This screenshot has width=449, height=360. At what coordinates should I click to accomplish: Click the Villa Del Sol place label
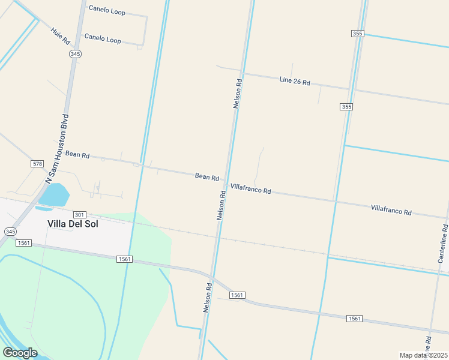click(73, 224)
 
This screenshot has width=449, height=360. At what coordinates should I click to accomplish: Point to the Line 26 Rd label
click(294, 81)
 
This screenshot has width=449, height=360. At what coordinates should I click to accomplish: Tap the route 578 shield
click(37, 164)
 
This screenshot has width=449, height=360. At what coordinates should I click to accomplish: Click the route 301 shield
click(79, 214)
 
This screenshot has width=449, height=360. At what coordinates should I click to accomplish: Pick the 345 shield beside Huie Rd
click(75, 54)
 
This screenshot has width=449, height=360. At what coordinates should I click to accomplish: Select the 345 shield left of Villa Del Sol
click(10, 231)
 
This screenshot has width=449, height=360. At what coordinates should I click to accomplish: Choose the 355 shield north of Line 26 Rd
click(358, 34)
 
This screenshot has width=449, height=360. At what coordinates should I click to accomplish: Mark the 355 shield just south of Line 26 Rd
click(346, 107)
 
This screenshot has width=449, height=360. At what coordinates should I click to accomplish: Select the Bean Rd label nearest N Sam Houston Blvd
click(77, 155)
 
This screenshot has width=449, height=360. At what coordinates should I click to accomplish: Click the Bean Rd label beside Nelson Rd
click(206, 176)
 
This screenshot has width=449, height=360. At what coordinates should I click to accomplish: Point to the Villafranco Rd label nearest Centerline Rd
click(391, 210)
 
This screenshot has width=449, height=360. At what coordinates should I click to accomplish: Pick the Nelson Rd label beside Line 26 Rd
click(238, 93)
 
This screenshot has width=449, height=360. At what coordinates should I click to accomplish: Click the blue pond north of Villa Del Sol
click(55, 195)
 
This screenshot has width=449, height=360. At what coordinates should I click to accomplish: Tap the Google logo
click(20, 352)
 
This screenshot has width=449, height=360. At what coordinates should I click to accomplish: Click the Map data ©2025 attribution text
click(423, 355)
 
